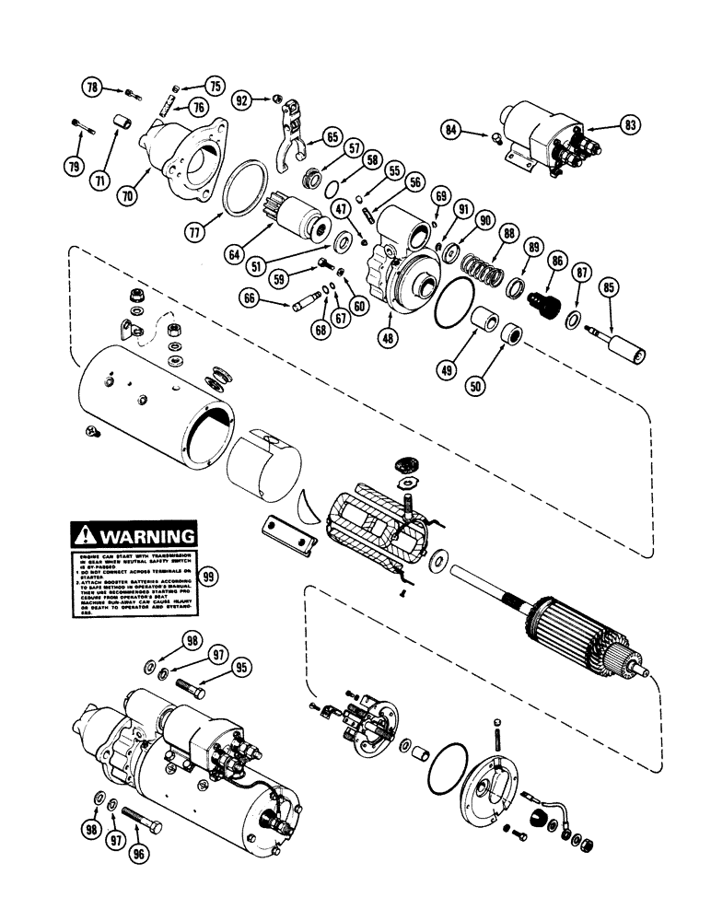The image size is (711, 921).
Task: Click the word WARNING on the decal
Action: [146, 536]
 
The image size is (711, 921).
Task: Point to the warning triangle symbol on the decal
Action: [86, 535]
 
